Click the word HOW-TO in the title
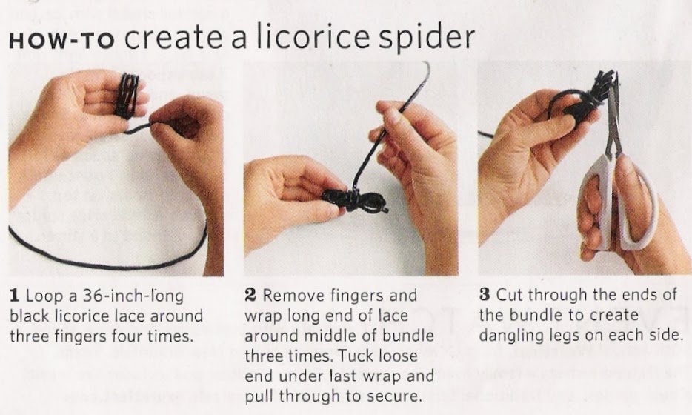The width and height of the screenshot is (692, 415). [61, 41]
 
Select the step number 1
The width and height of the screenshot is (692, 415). [15, 296]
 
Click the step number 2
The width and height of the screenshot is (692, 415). [250, 295]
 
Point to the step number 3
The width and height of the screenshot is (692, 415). [485, 294]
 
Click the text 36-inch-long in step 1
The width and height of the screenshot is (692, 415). [133, 296]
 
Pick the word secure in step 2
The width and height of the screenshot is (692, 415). [393, 396]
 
